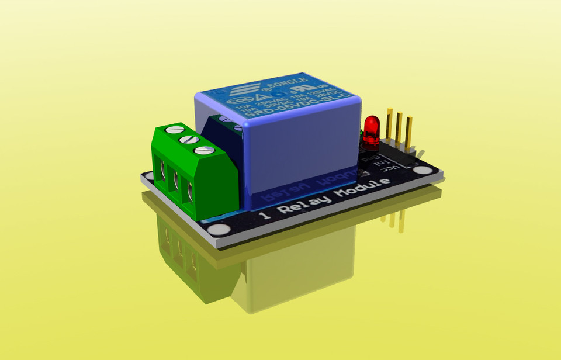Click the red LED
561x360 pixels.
coord(371,130)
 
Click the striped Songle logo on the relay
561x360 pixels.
coord(238,92)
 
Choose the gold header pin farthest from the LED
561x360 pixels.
coord(409,133)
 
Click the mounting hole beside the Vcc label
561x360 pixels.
coord(421,170)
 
